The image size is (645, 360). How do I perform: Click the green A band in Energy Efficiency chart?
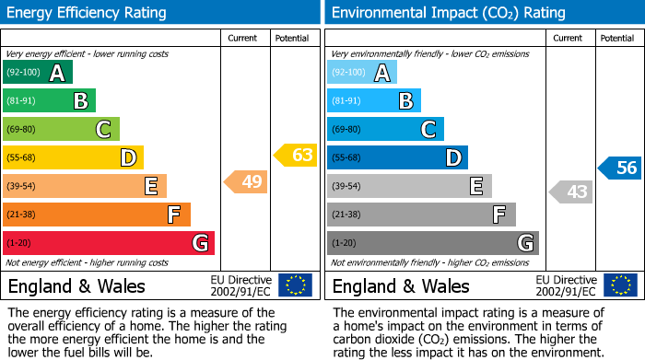click(x=37, y=73)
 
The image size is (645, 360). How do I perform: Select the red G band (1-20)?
click(x=109, y=243)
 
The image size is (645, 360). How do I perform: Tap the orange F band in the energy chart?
click(x=97, y=215)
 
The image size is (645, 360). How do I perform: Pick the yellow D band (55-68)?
click(x=73, y=158)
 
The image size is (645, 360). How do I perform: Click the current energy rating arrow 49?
click(x=247, y=182)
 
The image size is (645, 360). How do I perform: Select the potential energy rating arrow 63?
click(x=296, y=155)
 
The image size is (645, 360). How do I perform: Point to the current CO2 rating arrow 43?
click(x=571, y=192)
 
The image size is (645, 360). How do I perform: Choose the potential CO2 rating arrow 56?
click(x=620, y=168)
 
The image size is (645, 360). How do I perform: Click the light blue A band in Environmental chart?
click(x=361, y=73)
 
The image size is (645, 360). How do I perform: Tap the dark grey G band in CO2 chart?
click(x=432, y=243)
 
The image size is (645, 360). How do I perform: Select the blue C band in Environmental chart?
click(x=385, y=130)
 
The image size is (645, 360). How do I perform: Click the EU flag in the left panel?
click(x=295, y=285)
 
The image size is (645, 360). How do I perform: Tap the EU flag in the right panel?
click(x=619, y=285)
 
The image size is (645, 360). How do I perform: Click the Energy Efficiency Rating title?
click(x=88, y=13)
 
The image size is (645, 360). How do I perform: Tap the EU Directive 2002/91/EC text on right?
click(x=566, y=285)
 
